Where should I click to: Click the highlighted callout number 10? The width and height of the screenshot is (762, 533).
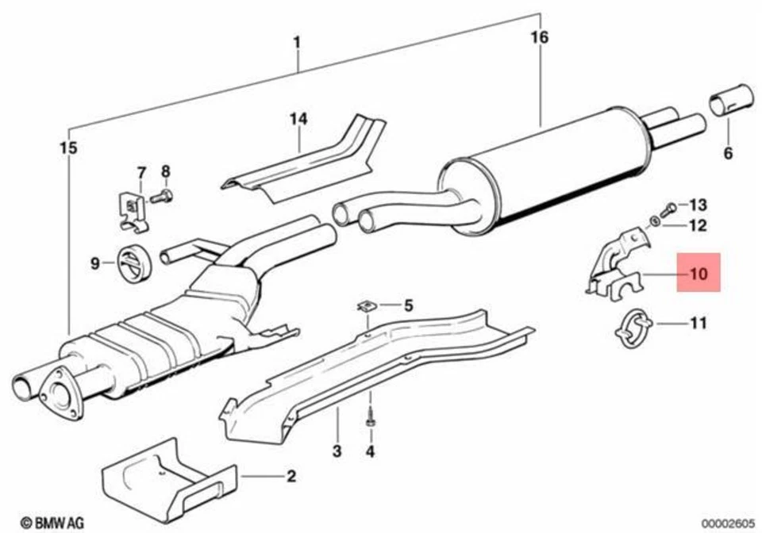click(x=698, y=274)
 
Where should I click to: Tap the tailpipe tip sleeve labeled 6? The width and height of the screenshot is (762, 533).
click(x=731, y=101)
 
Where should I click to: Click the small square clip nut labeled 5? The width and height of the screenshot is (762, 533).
click(x=367, y=305)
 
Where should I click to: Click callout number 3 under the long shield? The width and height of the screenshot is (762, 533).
click(x=337, y=452)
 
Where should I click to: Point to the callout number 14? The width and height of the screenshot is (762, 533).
click(x=298, y=119)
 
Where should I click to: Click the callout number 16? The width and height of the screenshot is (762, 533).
click(x=540, y=37)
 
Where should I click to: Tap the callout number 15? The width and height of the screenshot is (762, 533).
click(x=69, y=148)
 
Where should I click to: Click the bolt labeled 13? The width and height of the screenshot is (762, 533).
click(x=668, y=209)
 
